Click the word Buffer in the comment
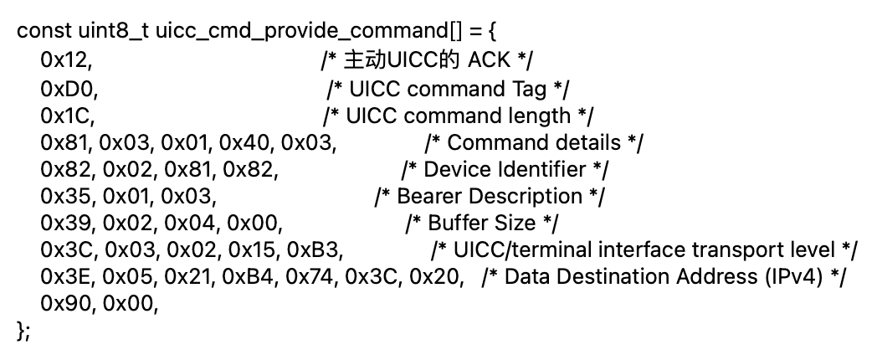click(x=459, y=224)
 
